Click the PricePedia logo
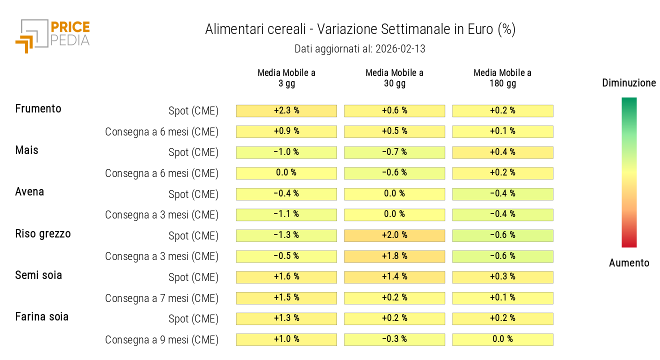tap(52, 35)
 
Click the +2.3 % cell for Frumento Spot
tap(286, 110)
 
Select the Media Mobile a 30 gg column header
tap(394, 78)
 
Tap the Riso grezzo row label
tap(43, 233)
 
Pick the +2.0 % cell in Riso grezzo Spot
tap(394, 235)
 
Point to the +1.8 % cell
tap(394, 256)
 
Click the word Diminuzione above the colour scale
tap(629, 83)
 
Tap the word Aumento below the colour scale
tap(629, 263)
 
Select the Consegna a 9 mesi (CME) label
tap(161, 340)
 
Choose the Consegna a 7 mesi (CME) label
tap(161, 298)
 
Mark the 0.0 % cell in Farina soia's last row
tap(502, 339)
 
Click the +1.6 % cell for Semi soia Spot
tap(286, 277)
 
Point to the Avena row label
tap(29, 191)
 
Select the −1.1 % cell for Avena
tap(286, 214)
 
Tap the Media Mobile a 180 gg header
tap(502, 78)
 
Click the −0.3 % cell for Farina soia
tap(394, 339)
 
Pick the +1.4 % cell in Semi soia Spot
tap(394, 277)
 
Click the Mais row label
tap(27, 150)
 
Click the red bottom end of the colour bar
tap(629, 244)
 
